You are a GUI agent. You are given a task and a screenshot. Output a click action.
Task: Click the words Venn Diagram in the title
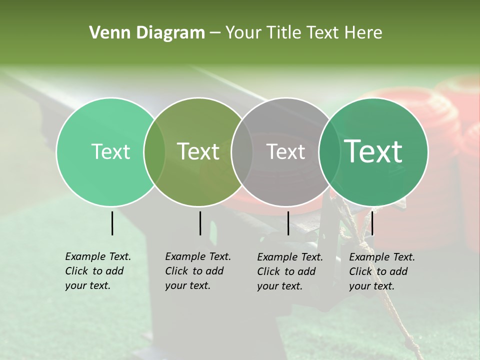[147, 33]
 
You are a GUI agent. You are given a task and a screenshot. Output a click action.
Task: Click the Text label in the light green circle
[110, 151]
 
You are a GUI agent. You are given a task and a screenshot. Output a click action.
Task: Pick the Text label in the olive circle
[198, 151]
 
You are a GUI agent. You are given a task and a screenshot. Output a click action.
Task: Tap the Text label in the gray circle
[286, 151]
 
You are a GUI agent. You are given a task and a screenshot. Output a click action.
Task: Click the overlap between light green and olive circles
[154, 152]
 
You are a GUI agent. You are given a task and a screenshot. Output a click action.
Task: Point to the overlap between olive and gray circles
[242, 152]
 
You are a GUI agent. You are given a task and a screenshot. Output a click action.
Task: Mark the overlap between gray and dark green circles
[329, 152]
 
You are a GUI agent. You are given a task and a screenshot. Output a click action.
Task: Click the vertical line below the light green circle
[112, 223]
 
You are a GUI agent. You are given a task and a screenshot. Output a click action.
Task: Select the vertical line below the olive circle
[200, 223]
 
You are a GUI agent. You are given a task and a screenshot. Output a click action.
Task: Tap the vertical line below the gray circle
[288, 223]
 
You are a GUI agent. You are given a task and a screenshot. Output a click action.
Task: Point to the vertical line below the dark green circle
[372, 223]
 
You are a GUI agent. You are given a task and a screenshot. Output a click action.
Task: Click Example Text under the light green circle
[98, 256]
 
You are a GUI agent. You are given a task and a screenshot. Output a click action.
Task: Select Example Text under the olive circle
[198, 256]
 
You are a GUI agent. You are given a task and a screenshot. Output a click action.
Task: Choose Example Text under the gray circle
[290, 257]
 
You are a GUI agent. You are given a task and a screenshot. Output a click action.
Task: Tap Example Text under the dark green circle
[382, 257]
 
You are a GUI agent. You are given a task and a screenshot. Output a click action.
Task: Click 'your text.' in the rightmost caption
[371, 286]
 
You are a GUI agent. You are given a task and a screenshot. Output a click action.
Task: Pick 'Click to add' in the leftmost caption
[94, 271]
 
